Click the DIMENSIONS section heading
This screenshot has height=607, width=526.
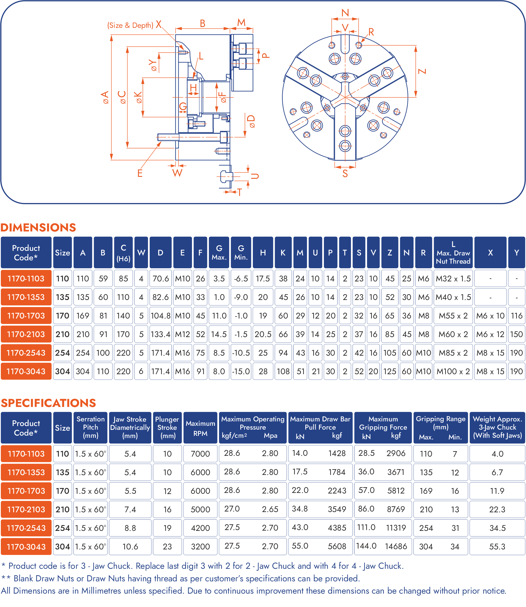pyautogui.click(x=38, y=228)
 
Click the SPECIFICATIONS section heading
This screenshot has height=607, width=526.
pyautogui.click(x=48, y=403)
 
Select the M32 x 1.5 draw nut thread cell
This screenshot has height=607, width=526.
pyautogui.click(x=453, y=278)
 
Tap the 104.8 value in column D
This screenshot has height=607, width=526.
pyautogui.click(x=160, y=316)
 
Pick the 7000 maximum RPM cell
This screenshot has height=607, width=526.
pyautogui.click(x=200, y=454)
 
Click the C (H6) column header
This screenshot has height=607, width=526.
pyautogui.click(x=123, y=253)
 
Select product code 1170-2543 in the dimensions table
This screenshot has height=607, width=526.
pyautogui.click(x=26, y=353)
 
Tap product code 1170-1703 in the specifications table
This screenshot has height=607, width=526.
pyautogui.click(x=26, y=491)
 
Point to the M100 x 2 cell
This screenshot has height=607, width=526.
pyautogui.click(x=453, y=371)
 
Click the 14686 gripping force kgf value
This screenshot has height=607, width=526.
pyautogui.click(x=396, y=546)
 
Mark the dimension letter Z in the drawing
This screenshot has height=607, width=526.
pyautogui.click(x=422, y=71)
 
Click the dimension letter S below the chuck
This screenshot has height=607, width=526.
pyautogui.click(x=345, y=174)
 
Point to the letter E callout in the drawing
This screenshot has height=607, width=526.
pyautogui.click(x=140, y=173)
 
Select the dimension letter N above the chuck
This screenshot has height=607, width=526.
pyautogui.click(x=345, y=13)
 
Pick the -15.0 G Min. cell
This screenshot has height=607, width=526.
pyautogui.click(x=241, y=371)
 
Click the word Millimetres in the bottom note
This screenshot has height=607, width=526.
pyautogui.click(x=101, y=591)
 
